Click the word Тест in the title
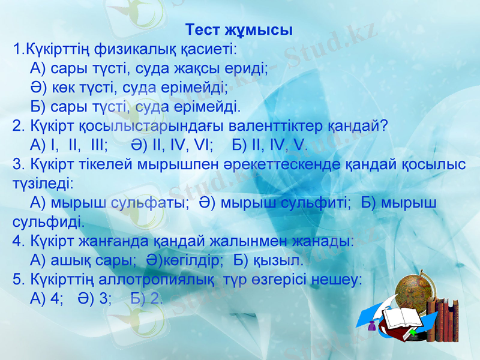click(204, 29)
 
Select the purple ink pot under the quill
click(372, 326)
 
